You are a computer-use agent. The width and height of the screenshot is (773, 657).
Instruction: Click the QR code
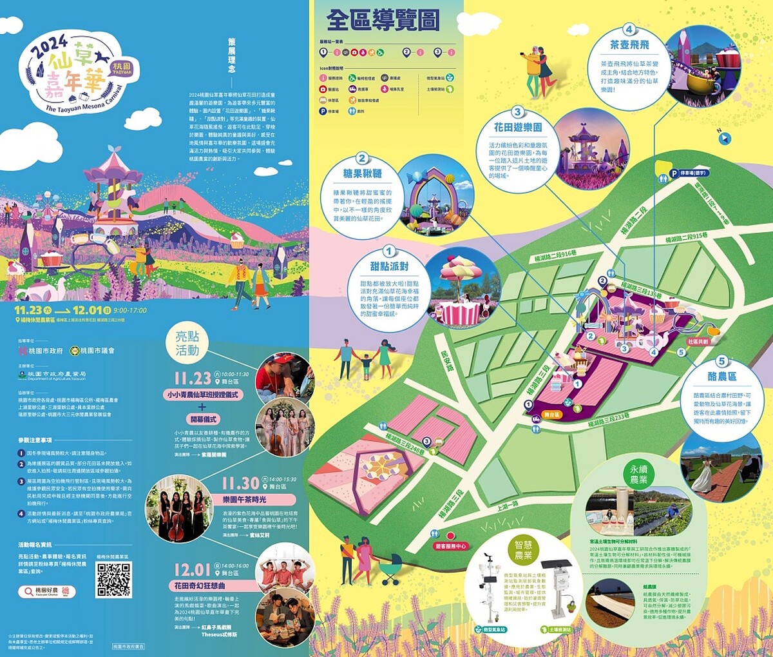click(x=114, y=580)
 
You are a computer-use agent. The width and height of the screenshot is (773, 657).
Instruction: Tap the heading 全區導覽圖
click(x=383, y=21)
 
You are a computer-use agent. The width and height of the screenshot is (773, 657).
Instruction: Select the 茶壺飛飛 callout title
click(x=629, y=45)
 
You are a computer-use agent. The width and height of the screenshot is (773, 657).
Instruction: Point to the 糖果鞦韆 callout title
click(x=362, y=173)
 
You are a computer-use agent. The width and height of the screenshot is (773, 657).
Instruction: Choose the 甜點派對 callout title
click(x=389, y=266)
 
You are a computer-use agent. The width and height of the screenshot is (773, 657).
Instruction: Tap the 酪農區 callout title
click(x=721, y=376)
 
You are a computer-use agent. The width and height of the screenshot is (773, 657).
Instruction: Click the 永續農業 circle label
click(x=638, y=475)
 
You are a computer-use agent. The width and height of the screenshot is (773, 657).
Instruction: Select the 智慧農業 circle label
click(x=523, y=550)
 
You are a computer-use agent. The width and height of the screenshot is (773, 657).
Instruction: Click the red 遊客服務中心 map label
click(x=450, y=546)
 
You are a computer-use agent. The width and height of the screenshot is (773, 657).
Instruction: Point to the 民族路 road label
click(x=446, y=361)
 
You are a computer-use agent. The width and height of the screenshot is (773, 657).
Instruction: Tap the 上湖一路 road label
click(x=507, y=506)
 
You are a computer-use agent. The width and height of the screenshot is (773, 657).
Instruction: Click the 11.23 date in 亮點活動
click(x=192, y=378)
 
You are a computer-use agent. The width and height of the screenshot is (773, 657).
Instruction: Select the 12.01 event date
click(x=192, y=570)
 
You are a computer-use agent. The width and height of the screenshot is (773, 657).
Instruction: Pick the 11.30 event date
click(x=240, y=484)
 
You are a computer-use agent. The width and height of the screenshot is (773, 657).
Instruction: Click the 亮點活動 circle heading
click(x=187, y=344)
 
